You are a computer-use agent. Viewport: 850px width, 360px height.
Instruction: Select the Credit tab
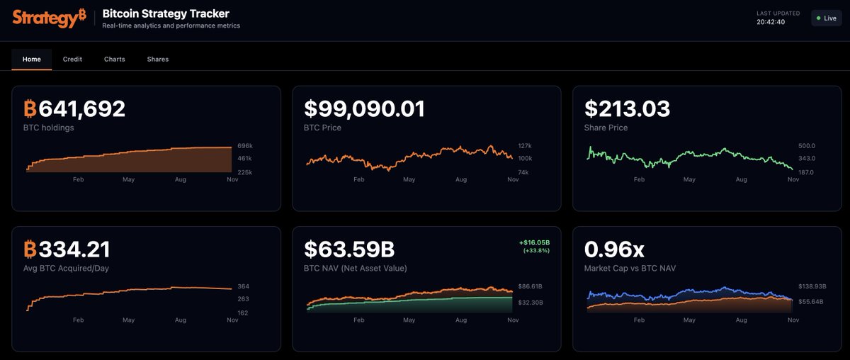72,60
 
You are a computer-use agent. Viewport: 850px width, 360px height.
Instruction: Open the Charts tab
114,60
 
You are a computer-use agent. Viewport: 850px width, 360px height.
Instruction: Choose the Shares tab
158,60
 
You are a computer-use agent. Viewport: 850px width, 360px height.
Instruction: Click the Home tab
32,60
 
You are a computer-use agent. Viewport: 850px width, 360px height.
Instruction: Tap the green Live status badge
826,18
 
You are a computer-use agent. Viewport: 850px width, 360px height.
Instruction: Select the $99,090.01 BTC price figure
364,109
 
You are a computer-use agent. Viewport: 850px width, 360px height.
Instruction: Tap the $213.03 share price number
627,109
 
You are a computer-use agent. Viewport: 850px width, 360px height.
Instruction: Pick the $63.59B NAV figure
349,249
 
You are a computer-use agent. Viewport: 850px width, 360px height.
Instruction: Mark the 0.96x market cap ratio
614,249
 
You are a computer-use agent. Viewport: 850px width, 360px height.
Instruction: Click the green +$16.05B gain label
535,242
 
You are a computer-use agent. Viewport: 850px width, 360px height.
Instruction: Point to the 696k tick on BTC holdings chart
244,146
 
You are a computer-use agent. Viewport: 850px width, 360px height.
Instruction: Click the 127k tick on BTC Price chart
525,146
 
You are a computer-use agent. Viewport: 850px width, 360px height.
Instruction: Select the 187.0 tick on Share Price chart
807,172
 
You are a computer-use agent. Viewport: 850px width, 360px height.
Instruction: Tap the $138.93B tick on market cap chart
812,286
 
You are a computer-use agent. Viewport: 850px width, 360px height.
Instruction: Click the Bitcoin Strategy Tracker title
166,13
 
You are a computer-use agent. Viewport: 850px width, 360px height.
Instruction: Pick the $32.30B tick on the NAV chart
531,303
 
